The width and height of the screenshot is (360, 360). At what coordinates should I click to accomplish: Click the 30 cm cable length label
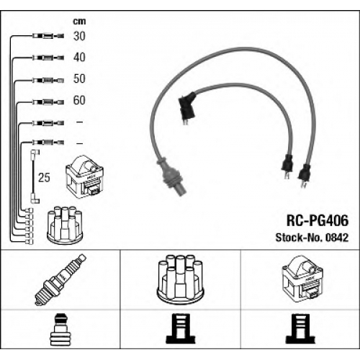click(x=79, y=36)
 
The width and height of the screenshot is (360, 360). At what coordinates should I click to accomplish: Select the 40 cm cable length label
click(x=79, y=58)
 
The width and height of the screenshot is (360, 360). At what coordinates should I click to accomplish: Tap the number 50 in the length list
click(x=79, y=78)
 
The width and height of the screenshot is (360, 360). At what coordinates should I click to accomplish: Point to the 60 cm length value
click(x=79, y=100)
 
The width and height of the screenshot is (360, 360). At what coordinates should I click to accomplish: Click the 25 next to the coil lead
click(x=44, y=178)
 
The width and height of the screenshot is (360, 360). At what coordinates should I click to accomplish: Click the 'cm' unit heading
click(x=79, y=22)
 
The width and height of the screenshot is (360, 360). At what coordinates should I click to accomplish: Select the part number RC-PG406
click(x=318, y=220)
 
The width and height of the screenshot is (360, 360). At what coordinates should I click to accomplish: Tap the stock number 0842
click(x=337, y=238)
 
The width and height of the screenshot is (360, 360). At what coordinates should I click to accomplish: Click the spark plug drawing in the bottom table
click(x=60, y=279)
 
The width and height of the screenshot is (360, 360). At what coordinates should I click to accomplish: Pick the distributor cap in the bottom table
click(x=180, y=280)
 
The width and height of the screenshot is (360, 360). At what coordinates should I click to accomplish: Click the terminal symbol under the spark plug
click(x=60, y=329)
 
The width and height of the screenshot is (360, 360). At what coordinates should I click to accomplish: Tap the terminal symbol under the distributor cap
click(x=181, y=329)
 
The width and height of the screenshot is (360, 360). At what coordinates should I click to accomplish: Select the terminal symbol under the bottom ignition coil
click(x=300, y=329)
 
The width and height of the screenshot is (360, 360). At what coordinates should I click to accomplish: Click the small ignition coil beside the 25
click(x=84, y=177)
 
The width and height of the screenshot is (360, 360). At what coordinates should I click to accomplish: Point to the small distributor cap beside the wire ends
click(x=65, y=225)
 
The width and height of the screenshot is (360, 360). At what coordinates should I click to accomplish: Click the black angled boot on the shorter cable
click(x=186, y=108)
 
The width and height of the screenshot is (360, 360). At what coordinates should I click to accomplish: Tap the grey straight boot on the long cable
click(x=172, y=176)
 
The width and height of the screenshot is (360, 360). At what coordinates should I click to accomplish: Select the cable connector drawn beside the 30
click(x=48, y=36)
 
